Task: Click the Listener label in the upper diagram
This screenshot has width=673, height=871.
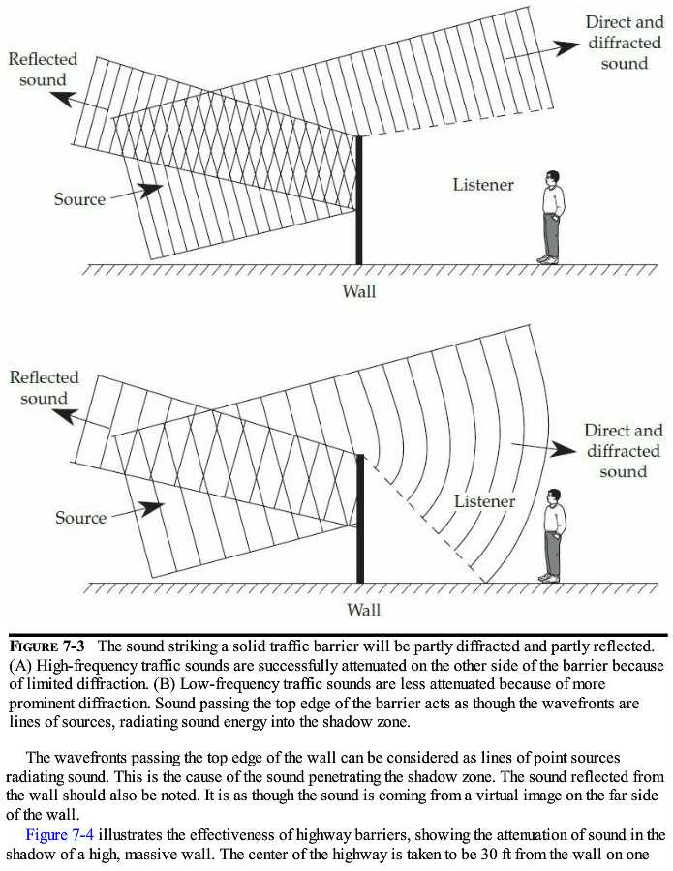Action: click(483, 184)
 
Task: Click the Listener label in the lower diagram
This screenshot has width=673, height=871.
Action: click(485, 501)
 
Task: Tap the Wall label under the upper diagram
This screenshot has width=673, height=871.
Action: click(359, 290)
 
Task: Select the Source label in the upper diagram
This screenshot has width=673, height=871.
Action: click(79, 199)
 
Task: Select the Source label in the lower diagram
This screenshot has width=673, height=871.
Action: click(80, 518)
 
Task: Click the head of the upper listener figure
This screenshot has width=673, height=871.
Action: click(552, 179)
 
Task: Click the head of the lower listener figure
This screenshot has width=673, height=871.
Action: click(553, 496)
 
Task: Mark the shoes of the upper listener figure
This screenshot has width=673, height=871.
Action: click(548, 259)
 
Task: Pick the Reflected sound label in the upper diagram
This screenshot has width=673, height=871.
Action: click(43, 69)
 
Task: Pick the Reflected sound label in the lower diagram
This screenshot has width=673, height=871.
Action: click(44, 387)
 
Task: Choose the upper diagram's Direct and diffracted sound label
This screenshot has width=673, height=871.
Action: click(625, 43)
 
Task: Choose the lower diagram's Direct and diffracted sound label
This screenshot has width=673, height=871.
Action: click(623, 451)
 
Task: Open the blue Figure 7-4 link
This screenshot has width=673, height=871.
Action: click(59, 834)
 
